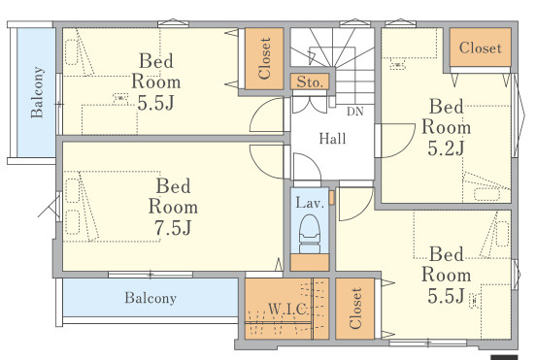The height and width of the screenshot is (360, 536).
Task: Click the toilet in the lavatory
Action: [310, 234]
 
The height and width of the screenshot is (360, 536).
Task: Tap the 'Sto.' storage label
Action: [310, 82]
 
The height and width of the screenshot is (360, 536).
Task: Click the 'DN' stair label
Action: [355, 112]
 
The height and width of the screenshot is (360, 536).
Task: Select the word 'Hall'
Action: [333, 139]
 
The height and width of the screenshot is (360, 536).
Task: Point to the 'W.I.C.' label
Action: [287, 310]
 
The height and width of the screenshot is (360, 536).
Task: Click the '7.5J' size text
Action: [173, 228]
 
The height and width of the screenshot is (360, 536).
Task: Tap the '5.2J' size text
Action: [446, 148]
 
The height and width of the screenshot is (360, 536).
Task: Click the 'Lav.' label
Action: [310, 203]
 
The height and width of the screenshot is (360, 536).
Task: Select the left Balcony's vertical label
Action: [37, 92]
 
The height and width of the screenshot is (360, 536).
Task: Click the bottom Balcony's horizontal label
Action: [151, 298]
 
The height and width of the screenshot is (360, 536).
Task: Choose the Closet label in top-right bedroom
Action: [481, 48]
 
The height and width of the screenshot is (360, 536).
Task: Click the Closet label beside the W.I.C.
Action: [355, 309]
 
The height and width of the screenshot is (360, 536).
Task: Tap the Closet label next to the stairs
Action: [265, 58]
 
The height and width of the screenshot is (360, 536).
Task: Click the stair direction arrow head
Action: [312, 57]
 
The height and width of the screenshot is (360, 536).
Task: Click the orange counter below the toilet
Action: [310, 262]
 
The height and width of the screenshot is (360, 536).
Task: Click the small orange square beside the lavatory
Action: [331, 198]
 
